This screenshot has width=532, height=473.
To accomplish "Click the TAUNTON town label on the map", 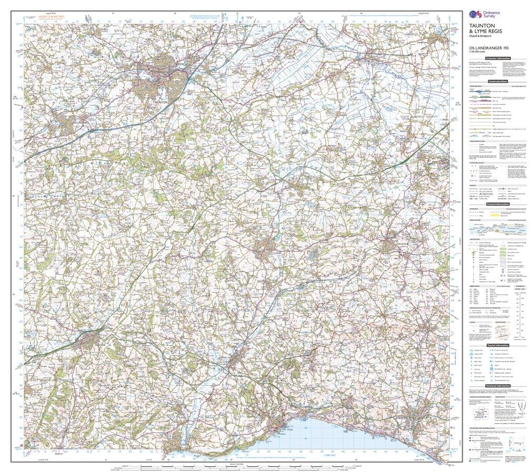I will pyautogui.click(x=157, y=101).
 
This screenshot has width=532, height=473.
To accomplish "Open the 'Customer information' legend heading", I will pyautogui.click(x=498, y=58).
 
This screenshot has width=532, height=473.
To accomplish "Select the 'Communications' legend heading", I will pyautogui.click(x=497, y=81).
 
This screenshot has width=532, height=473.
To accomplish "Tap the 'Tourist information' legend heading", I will pyautogui.click(x=497, y=345).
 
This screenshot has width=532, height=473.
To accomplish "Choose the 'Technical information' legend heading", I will pyautogui.click(x=497, y=385).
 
